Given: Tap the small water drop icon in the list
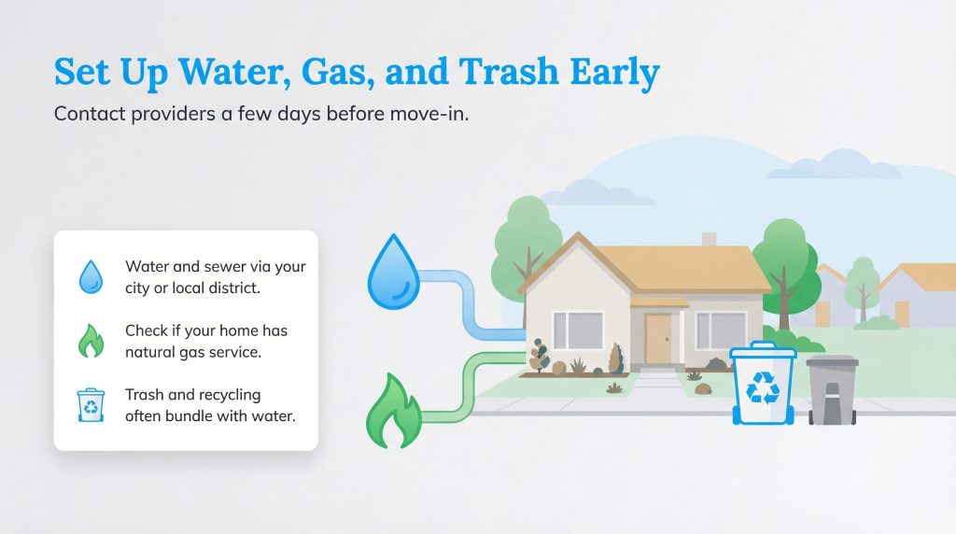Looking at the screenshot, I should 91,277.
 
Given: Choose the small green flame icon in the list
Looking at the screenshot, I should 91,341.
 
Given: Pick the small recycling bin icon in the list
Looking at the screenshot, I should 91,404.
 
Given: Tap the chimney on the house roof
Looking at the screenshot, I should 710,239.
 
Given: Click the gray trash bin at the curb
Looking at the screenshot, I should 832,392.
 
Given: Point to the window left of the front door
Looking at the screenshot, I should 578,330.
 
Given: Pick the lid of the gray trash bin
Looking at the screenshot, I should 832,361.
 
